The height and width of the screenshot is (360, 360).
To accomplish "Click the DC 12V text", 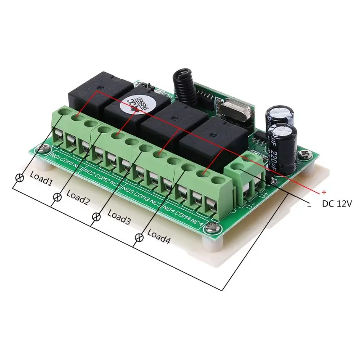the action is click(x=336, y=203).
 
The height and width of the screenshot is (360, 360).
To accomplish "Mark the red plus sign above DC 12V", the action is click(x=323, y=192).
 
